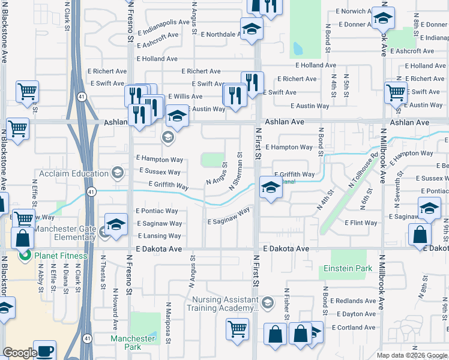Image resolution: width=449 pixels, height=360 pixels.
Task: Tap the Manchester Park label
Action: tap(134, 343)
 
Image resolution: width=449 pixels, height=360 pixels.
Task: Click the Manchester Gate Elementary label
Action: tap(65, 233)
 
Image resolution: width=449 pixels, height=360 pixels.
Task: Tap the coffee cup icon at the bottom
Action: tap(44, 349)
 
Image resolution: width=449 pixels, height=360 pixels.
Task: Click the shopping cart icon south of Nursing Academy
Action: tap(238, 329)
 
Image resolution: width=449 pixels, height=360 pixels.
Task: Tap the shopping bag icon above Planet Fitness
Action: tap(22, 238)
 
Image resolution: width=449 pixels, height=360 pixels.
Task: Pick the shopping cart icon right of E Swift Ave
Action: tap(396, 92)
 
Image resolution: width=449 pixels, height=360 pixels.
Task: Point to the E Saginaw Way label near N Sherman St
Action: tap(229, 217)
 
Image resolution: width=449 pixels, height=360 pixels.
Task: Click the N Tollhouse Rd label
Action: tap(363, 173)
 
